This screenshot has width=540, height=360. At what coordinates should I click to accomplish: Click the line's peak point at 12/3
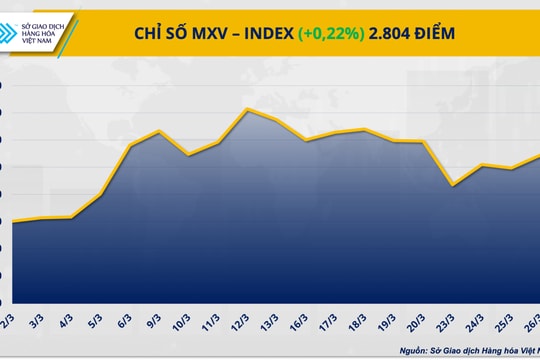pyautogui.click(x=249, y=108)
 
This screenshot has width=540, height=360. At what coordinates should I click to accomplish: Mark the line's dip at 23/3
pyautogui.click(x=455, y=185)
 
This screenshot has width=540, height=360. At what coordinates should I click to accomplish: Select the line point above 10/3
pyautogui.click(x=190, y=155)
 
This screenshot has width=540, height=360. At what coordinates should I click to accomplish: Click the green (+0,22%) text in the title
pyautogui.click(x=332, y=34)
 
